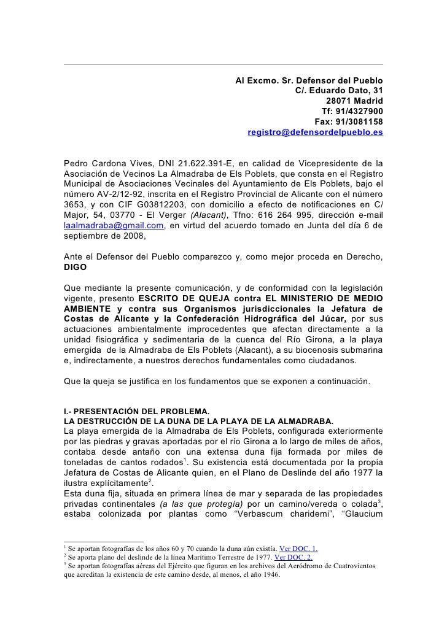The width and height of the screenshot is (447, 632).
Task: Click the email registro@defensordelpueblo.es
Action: point(315,133)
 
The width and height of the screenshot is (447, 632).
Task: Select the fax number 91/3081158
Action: point(360,122)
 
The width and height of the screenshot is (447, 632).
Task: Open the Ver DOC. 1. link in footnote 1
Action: point(298,548)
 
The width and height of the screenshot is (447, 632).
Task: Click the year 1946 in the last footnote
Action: point(267,576)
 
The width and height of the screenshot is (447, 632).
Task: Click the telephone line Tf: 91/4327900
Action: point(352,112)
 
